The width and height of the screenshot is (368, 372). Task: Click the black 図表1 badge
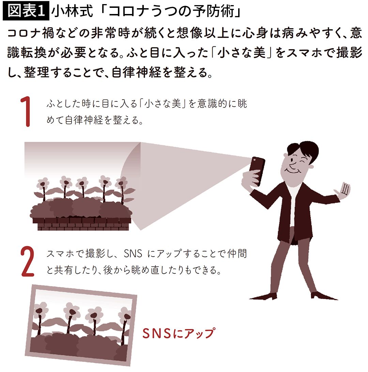26,11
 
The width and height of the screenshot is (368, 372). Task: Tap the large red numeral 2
28,261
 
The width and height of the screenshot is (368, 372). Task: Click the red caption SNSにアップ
179,333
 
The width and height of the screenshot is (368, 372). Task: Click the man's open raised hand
342,190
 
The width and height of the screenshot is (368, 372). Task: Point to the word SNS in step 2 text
133,254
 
